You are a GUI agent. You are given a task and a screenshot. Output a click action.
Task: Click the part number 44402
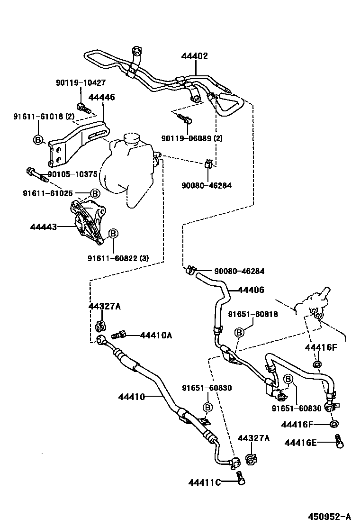point(194,56)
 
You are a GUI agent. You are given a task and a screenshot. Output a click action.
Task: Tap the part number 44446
point(101,97)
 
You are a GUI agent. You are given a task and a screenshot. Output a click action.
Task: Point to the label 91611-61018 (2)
point(44,117)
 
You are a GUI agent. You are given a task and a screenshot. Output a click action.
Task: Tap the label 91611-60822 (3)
point(118,258)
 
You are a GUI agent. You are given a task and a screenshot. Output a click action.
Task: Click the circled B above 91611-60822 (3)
point(113,234)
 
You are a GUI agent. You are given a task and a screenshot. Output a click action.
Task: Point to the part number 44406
point(251,290)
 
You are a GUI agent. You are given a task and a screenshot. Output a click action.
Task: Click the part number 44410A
point(156,335)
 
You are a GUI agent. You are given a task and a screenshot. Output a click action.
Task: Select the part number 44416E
point(301,443)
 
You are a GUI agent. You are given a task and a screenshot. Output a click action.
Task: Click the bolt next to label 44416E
point(338,441)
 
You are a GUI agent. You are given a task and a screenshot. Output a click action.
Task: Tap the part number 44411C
point(205,482)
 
